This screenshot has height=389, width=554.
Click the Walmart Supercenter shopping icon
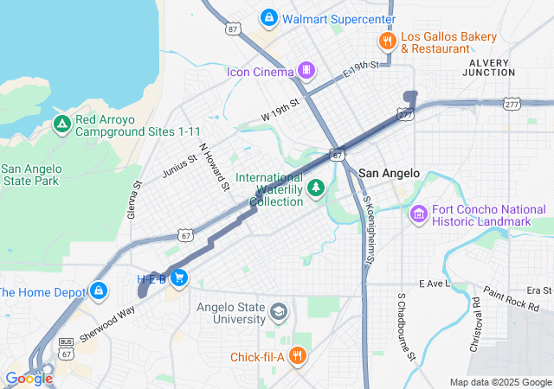(269, 18)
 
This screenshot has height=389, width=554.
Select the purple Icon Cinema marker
(305, 70)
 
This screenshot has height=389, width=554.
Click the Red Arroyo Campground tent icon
(61, 124)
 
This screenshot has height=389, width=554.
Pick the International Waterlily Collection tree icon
(317, 188)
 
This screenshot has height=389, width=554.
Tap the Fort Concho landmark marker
(419, 213)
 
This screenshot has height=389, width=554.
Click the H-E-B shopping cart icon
(178, 277)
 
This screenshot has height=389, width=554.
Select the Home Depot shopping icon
(99, 290)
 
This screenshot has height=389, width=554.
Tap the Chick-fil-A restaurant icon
(297, 356)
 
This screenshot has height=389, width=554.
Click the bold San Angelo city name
(389, 173)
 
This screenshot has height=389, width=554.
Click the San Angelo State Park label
(30, 175)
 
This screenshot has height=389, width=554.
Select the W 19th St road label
(280, 109)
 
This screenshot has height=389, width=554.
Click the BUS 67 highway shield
(66, 347)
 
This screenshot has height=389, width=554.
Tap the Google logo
(29, 378)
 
